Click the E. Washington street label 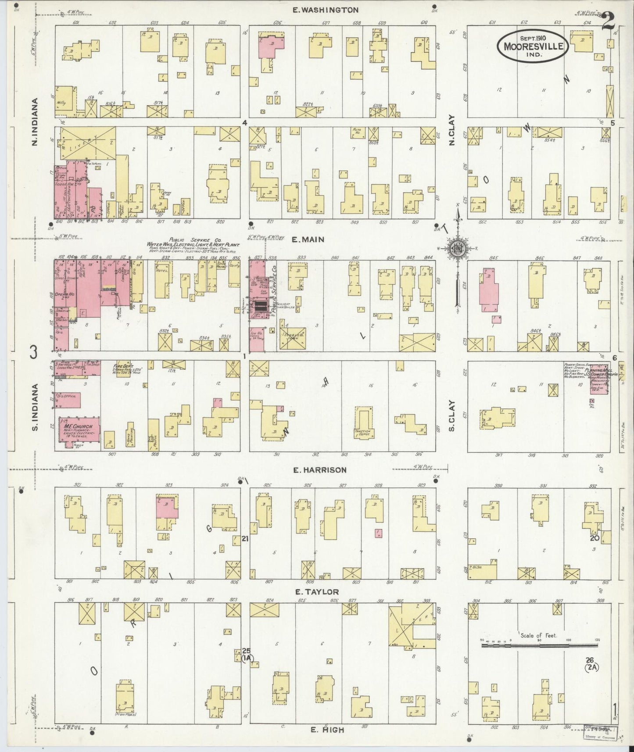[x=326, y=10]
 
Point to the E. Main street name [x=308, y=240]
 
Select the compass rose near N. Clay [x=458, y=249]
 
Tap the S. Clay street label [x=451, y=415]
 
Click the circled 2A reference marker [x=592, y=668]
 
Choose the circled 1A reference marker [x=247, y=658]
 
